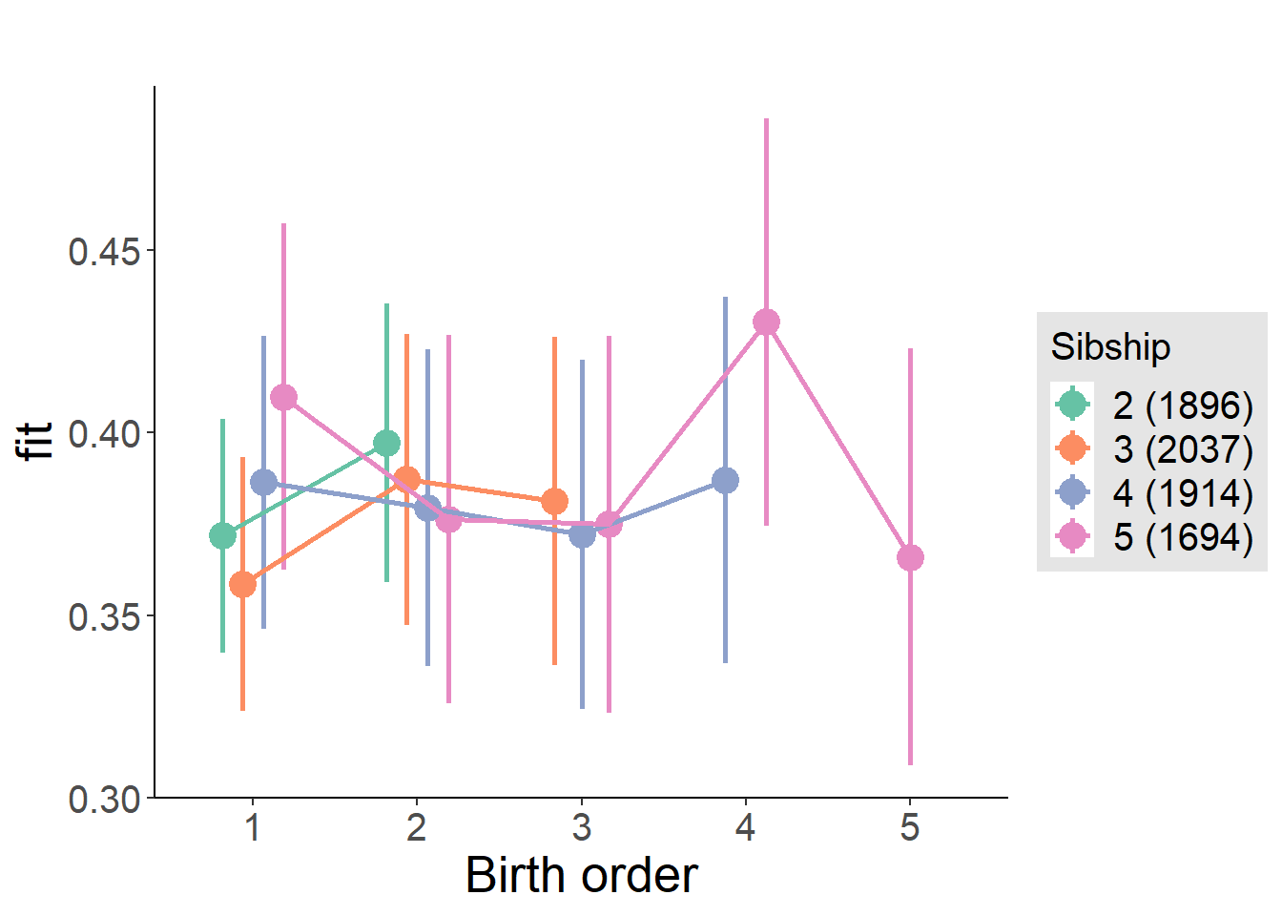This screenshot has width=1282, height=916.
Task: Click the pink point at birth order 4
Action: pos(766,323)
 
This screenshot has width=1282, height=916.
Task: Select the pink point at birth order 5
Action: pos(910,557)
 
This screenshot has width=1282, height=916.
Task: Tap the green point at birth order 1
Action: pos(222,536)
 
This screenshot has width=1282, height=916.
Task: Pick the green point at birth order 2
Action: pos(386,443)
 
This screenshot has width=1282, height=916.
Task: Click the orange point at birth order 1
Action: pos(243,584)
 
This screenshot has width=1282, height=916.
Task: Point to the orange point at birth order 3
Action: pos(554,501)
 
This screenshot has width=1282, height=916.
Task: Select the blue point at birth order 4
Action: pos(725,480)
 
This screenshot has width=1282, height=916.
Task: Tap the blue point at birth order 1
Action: pos(263,483)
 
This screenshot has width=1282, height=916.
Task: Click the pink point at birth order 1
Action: pos(283,397)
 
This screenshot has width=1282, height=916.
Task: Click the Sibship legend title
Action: pos(1110,346)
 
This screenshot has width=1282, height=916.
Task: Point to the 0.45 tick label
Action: pos(104,252)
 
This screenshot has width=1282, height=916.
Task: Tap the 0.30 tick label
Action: pos(104,799)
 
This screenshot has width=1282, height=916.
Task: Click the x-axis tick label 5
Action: pos(910,827)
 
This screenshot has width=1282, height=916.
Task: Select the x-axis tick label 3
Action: pos(581,827)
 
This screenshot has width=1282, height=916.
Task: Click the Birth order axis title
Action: pos(581,876)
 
